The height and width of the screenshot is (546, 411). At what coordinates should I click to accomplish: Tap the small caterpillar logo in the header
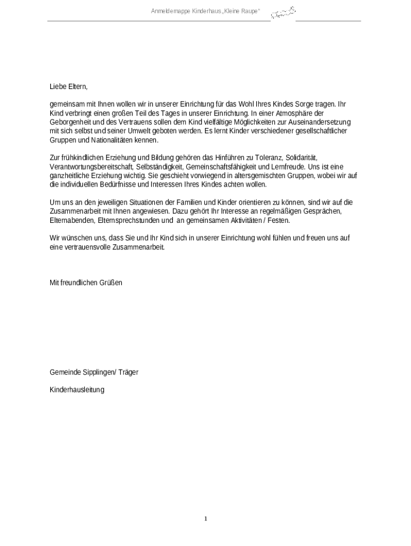[283, 12]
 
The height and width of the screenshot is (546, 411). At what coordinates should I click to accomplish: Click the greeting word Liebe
[57, 86]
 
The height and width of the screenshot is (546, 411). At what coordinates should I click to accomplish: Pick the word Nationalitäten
[107, 140]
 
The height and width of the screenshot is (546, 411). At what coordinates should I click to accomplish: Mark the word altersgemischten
[262, 175]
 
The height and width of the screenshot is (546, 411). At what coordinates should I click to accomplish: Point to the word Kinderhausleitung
[77, 390]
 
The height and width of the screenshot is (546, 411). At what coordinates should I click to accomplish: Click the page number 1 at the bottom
[205, 519]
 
